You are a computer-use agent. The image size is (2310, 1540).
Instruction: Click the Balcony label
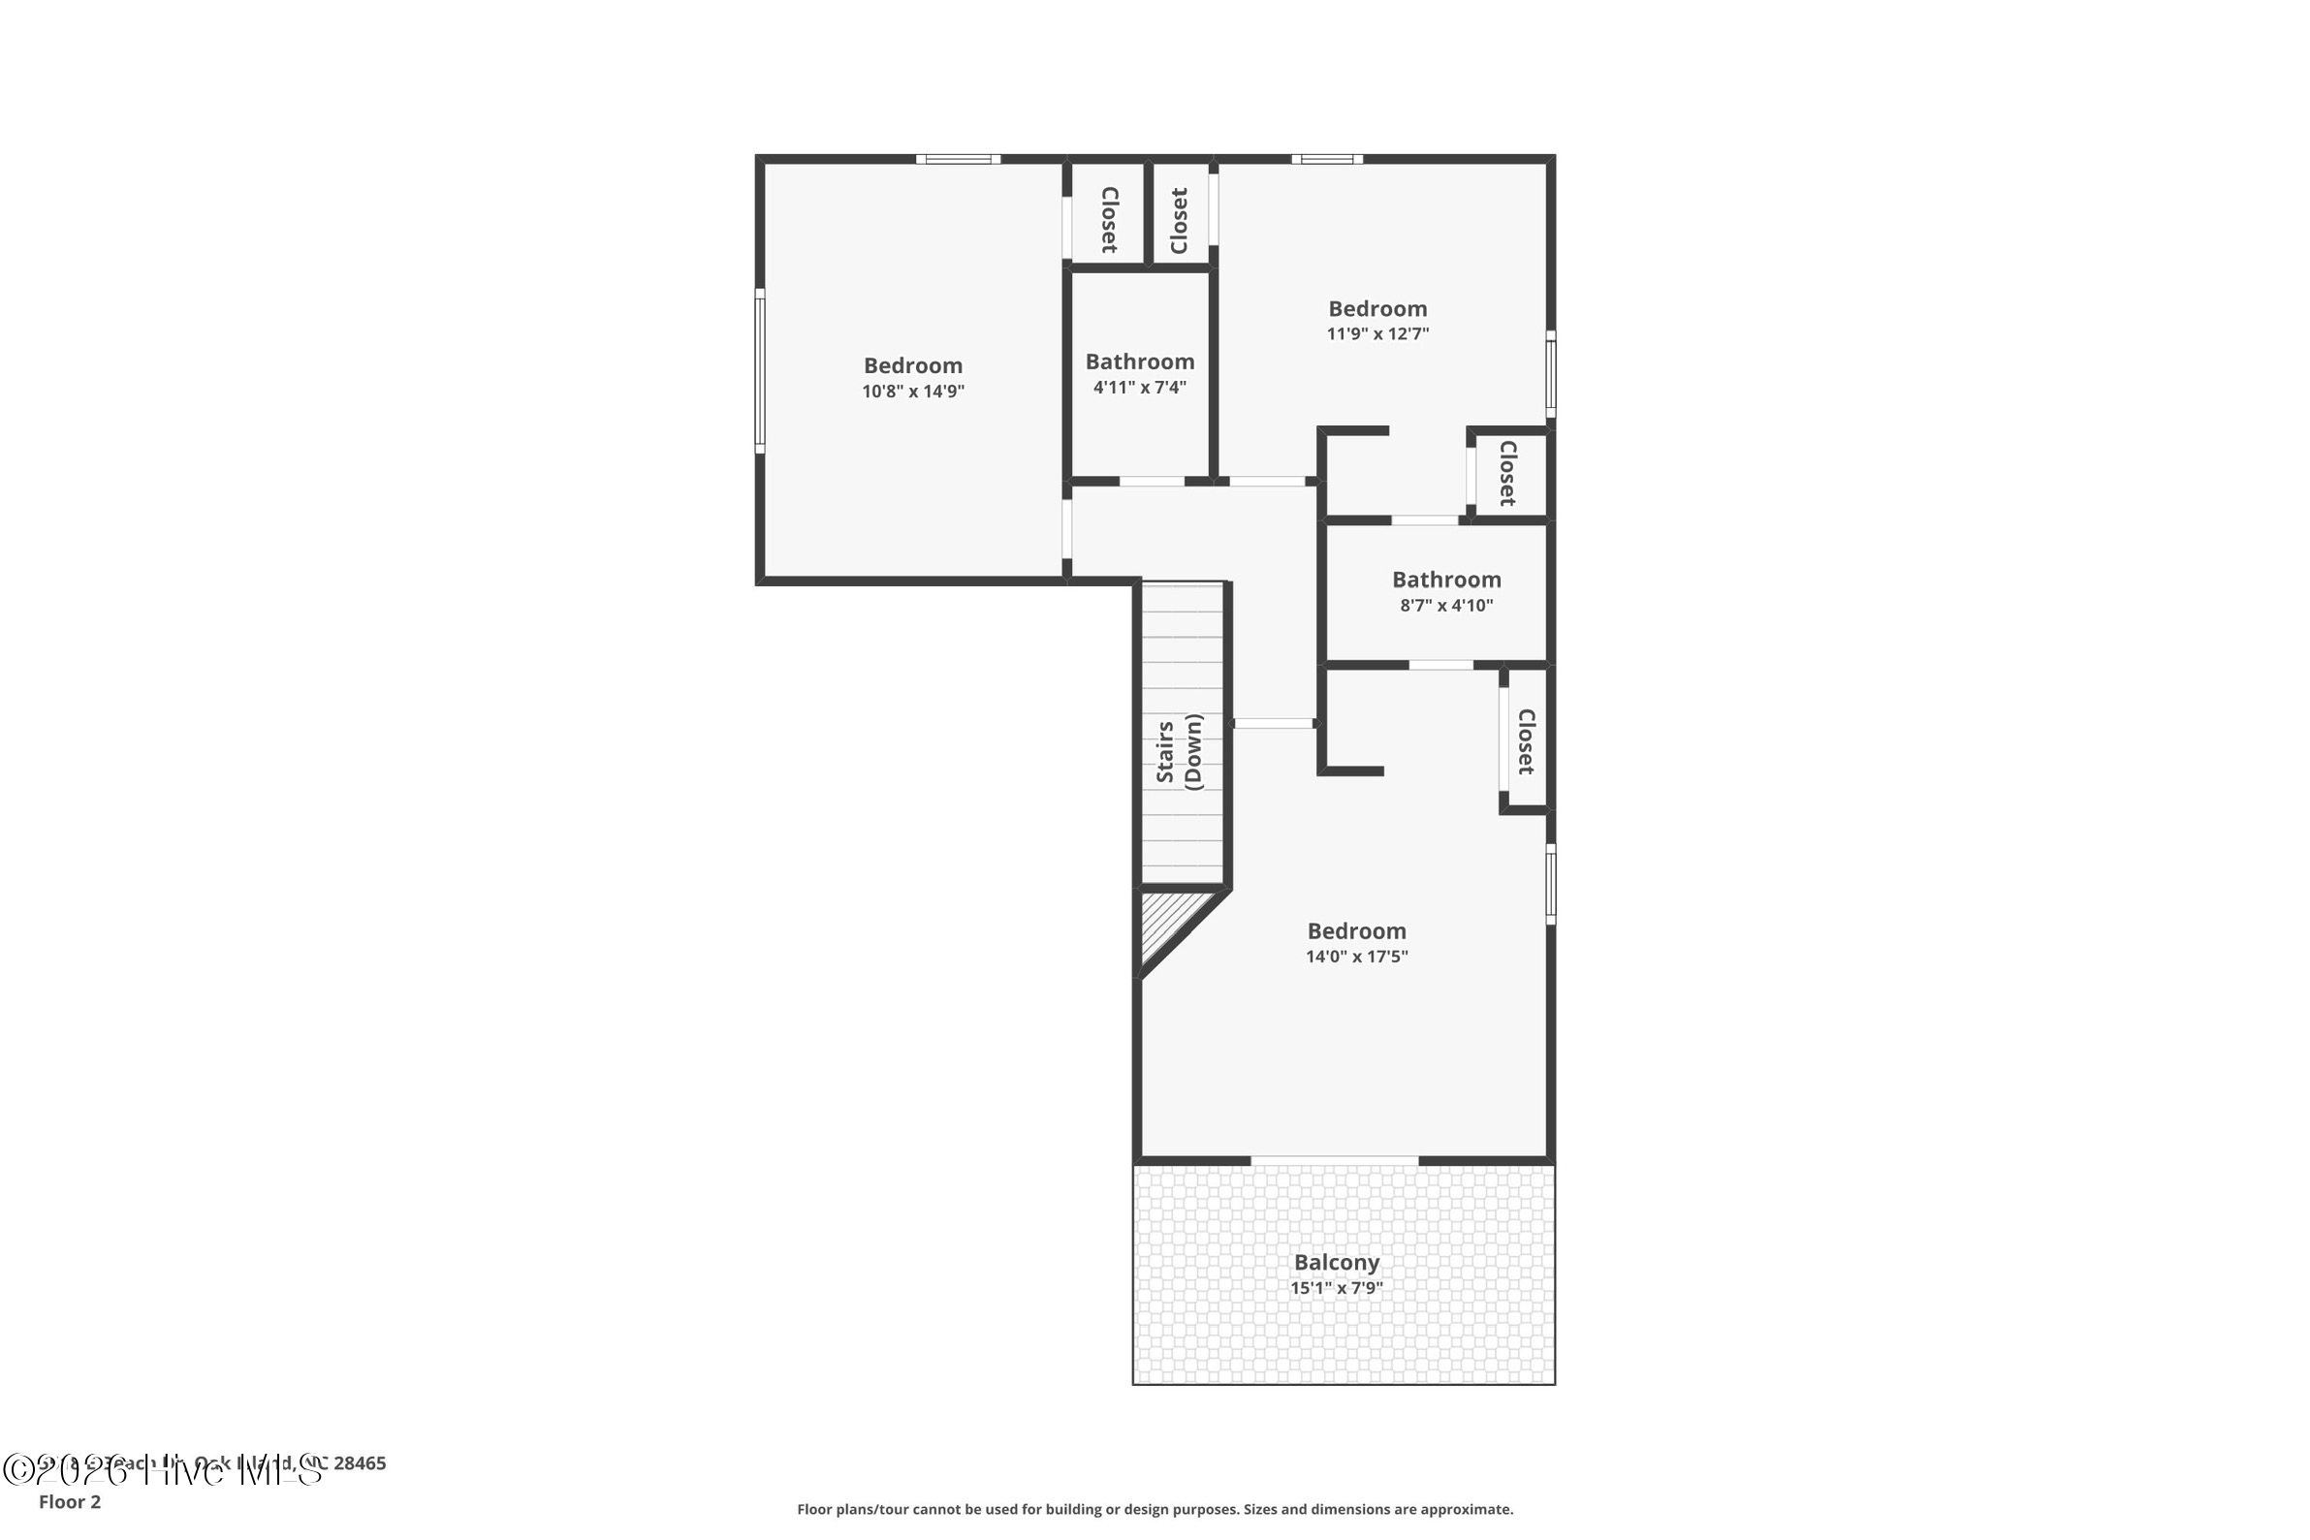click(1336, 1262)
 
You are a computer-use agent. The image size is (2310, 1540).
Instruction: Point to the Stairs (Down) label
click(1180, 751)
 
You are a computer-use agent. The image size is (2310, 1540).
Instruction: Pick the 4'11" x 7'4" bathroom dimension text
click(1139, 388)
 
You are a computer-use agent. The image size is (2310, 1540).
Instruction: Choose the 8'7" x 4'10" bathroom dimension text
click(1445, 606)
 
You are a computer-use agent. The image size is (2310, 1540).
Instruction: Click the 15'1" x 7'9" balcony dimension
click(1336, 1289)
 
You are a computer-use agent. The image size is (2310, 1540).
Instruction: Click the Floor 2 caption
click(70, 1501)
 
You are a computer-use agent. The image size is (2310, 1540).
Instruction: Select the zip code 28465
click(360, 1463)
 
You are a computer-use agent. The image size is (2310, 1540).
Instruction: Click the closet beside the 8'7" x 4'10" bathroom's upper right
click(1507, 473)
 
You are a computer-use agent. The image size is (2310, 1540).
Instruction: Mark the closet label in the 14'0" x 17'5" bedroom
click(1525, 741)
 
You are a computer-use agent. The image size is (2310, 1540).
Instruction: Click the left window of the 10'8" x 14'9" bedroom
click(759, 370)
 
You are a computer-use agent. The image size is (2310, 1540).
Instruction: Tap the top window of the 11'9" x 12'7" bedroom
click(1327, 159)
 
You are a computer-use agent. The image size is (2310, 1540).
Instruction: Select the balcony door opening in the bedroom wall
click(1334, 1161)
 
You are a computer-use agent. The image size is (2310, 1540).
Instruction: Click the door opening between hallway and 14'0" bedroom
click(1273, 724)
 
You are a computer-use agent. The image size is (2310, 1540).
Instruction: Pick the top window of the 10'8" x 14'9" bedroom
click(959, 159)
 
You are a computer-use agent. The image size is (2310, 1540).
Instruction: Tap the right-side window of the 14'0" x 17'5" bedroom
click(1551, 884)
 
